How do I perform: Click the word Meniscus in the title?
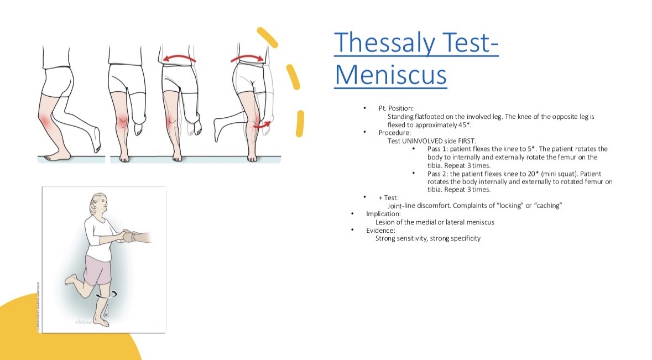coord(391,75)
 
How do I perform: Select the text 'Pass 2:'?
coord(438,174)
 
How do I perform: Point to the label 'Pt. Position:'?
coord(396,108)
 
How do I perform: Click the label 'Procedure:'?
coord(395,133)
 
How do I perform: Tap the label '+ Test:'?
coord(388,198)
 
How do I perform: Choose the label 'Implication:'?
coord(383,214)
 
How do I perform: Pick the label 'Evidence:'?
coord(380,230)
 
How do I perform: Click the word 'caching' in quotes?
coord(547,206)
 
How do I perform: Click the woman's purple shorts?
coord(97,270)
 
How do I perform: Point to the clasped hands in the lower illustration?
coord(128,236)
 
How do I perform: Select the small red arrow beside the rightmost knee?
coord(262,124)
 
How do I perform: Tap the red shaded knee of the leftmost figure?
coord(45,121)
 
